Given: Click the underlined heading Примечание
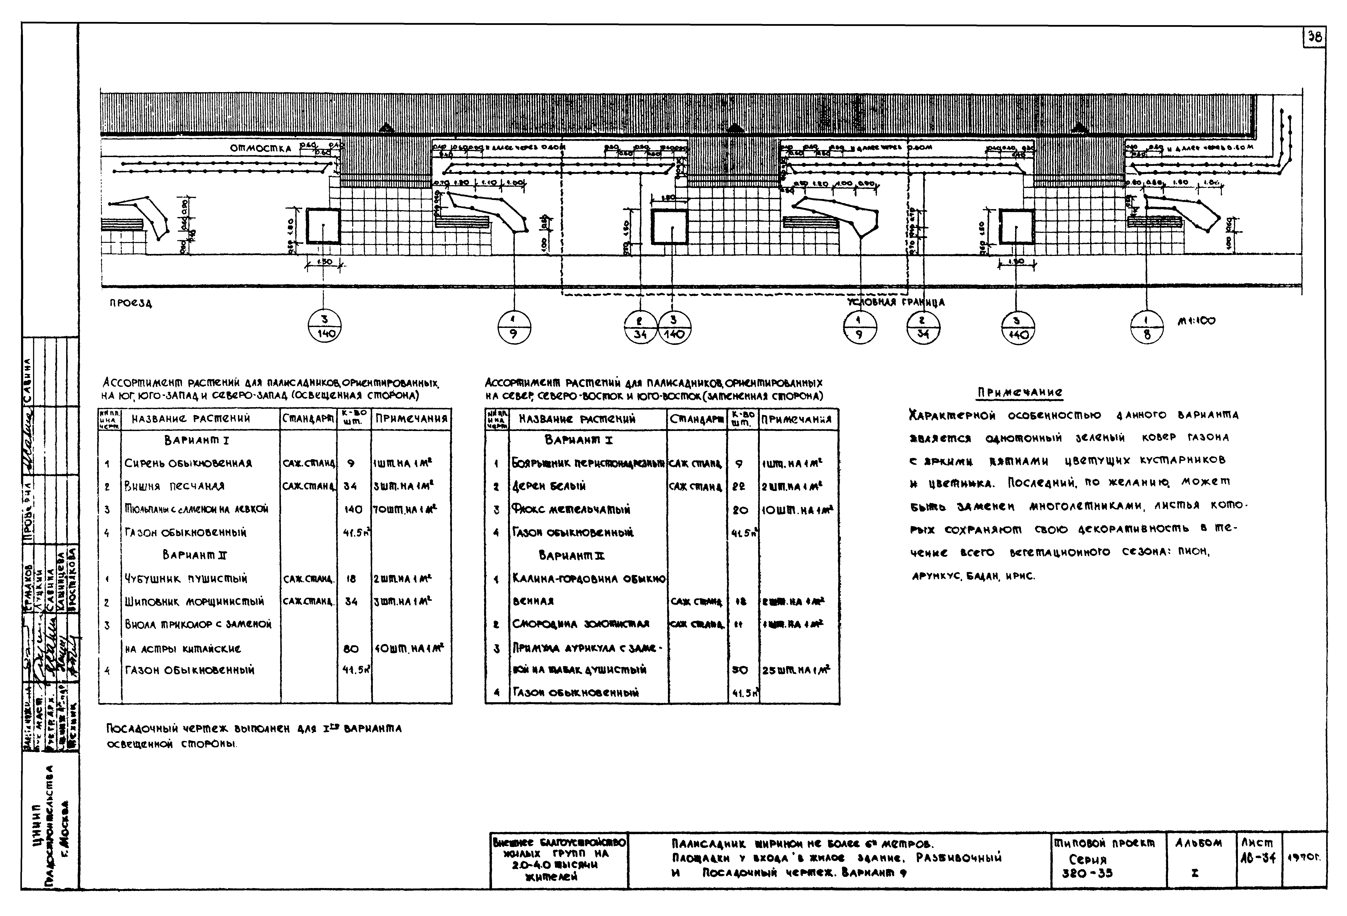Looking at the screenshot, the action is pos(1020,393).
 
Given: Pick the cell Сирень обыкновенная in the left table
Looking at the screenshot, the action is pos(188,463).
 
